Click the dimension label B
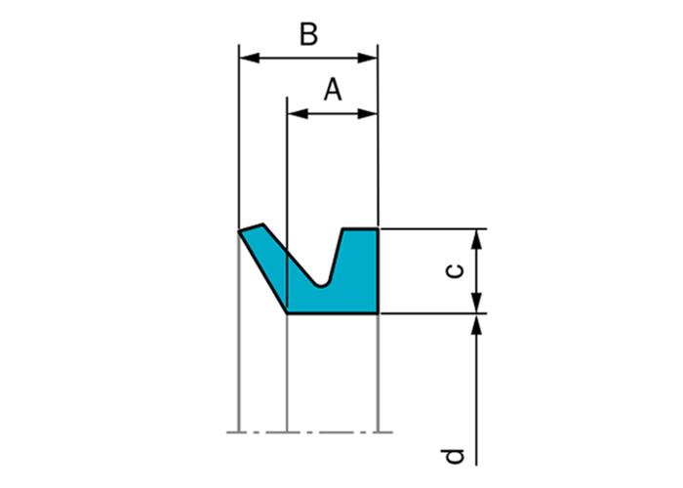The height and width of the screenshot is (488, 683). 309,34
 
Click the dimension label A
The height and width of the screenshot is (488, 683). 333,90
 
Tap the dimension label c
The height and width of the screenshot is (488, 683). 456,271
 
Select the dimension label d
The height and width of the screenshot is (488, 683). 453,456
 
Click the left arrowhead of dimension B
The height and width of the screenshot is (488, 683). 250,58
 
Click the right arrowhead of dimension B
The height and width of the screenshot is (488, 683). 367,58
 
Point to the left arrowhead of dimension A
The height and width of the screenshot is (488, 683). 298,114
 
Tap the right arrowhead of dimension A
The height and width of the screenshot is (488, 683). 367,114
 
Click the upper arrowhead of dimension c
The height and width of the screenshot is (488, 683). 477,239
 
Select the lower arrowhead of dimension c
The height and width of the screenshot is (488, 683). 477,303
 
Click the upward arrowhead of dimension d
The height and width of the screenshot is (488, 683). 477,324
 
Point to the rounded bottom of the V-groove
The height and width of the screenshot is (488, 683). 321,285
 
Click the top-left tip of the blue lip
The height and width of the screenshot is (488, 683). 239,231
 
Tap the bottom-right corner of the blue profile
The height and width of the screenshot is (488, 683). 378,313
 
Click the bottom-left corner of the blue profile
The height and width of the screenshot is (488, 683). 287,313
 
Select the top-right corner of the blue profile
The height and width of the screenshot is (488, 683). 378,228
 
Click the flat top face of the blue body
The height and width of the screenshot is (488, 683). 360,228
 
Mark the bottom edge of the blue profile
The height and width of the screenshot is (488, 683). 333,313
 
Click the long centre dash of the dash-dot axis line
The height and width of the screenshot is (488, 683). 337,432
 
